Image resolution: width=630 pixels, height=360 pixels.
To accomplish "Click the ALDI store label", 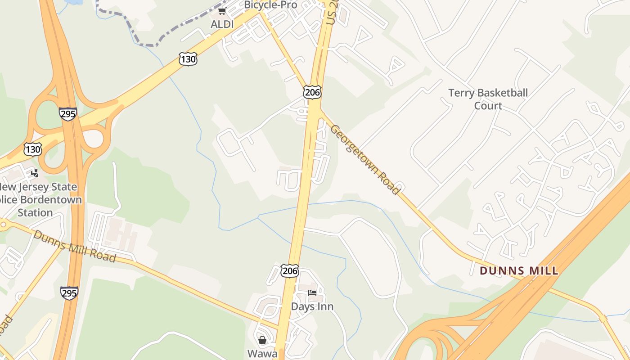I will (x=222, y=24).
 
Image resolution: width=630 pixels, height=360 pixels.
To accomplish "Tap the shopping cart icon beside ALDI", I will (x=222, y=11).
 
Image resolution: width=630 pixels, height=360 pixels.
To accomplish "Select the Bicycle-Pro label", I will (x=270, y=5).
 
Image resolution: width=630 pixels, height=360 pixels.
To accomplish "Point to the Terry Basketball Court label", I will (x=488, y=99).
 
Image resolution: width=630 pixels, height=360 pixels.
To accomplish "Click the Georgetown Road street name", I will (x=365, y=160).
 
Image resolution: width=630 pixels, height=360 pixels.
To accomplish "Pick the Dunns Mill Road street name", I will (x=75, y=246).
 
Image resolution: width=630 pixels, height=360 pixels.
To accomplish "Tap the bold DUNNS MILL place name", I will (x=519, y=271).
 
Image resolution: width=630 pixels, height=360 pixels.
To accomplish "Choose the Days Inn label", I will (x=312, y=306).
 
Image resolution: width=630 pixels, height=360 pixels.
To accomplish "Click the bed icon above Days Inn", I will (x=312, y=293).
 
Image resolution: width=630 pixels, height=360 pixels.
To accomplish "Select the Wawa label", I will (x=262, y=353).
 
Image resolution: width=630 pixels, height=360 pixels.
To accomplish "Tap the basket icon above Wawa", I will (x=262, y=340).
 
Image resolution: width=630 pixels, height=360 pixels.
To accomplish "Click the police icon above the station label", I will (x=35, y=173).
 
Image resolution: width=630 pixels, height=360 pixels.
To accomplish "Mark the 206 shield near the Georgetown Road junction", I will (x=312, y=92).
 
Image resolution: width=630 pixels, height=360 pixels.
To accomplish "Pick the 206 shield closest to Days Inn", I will (x=290, y=270).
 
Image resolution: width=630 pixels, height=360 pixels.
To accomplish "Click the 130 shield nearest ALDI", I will (x=188, y=58).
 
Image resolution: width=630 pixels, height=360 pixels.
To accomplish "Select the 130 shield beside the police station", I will (x=33, y=149).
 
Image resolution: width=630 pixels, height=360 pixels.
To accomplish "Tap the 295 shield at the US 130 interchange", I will (x=68, y=114).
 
